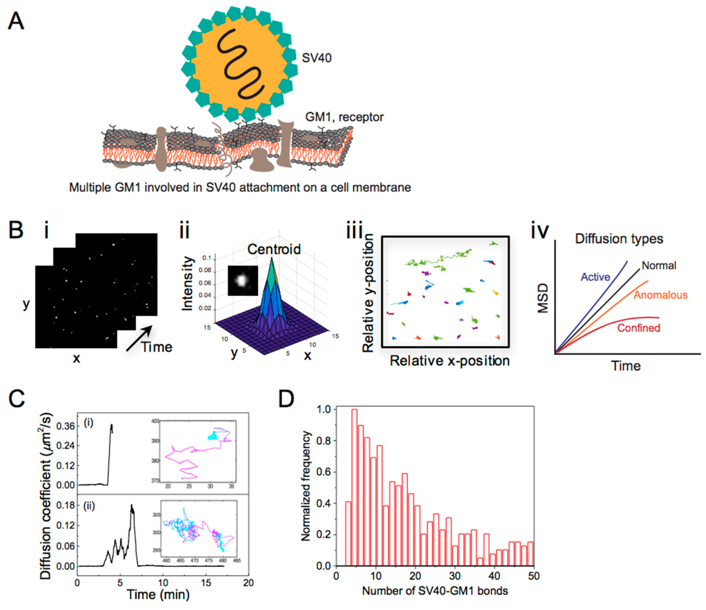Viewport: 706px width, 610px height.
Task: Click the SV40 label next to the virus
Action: tap(317, 58)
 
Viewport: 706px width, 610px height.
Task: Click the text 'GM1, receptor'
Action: tap(344, 117)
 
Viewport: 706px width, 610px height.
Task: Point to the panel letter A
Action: tap(16, 21)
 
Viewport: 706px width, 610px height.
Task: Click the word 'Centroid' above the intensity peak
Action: tap(274, 249)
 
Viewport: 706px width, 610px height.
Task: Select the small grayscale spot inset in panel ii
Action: tap(243, 281)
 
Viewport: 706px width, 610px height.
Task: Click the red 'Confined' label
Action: tap(639, 328)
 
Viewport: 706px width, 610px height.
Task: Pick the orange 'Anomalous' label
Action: tap(660, 295)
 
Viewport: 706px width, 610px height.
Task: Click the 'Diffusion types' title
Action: tap(619, 239)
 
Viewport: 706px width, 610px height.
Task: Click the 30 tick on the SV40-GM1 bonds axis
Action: tap(455, 576)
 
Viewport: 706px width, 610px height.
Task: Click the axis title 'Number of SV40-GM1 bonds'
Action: tap(435, 591)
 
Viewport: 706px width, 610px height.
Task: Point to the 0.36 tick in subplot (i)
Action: tap(65, 427)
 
